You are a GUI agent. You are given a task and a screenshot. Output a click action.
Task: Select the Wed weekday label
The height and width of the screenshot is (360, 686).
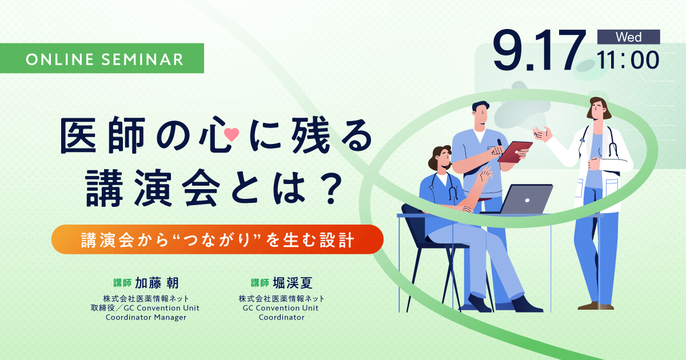[x=628, y=37]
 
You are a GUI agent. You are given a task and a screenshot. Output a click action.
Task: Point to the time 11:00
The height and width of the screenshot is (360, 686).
[x=628, y=60]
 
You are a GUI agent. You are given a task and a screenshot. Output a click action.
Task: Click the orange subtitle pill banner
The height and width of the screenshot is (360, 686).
[x=217, y=239]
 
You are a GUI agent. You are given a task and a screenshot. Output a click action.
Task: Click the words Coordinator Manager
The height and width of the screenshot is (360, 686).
[x=146, y=318]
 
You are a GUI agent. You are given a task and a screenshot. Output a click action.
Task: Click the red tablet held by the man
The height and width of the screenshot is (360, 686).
[x=514, y=151]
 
